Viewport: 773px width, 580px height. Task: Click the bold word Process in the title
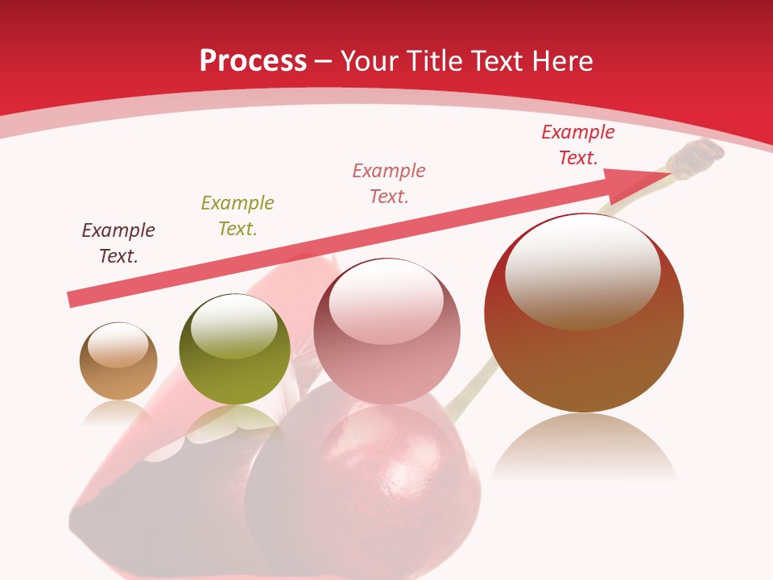(253, 61)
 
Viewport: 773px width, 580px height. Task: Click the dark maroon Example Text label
(118, 242)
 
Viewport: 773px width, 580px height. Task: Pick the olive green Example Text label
(238, 215)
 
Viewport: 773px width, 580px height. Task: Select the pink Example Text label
(389, 183)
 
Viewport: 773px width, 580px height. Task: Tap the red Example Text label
(578, 145)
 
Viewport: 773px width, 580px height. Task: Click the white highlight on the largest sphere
(582, 270)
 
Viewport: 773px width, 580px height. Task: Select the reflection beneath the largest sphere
(584, 447)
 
